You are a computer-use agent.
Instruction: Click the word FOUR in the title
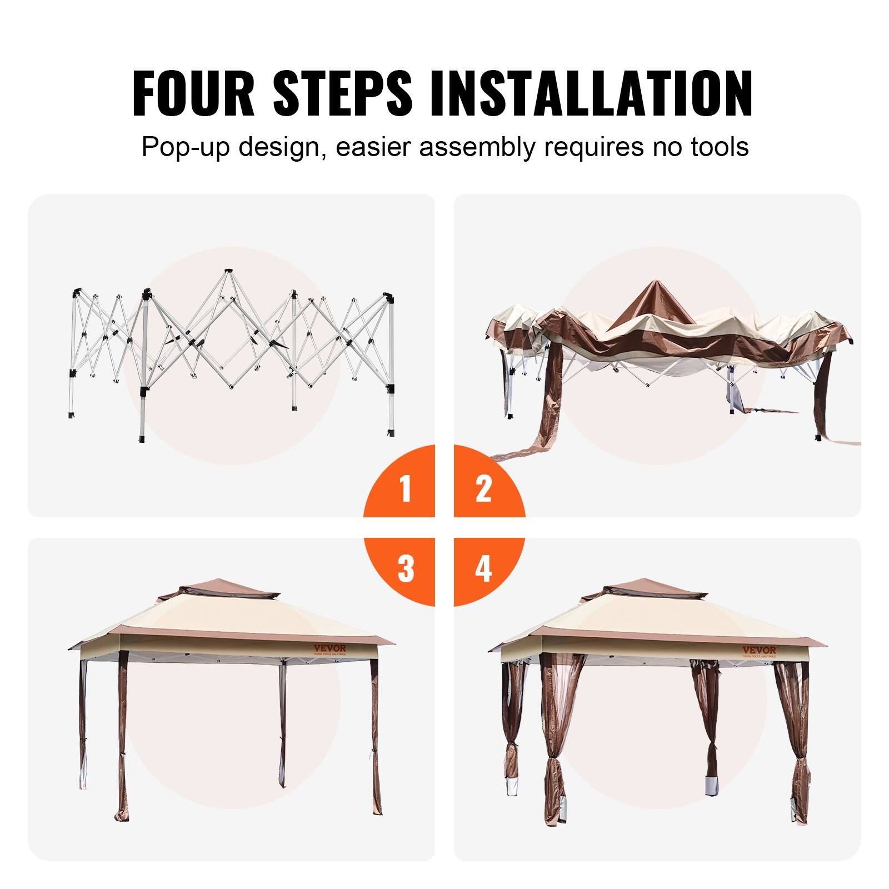pyautogui.click(x=192, y=93)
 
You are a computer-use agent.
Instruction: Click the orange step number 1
pyautogui.click(x=406, y=488)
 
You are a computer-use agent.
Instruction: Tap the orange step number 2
pyautogui.click(x=483, y=488)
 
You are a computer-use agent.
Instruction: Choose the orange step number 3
pyautogui.click(x=406, y=568)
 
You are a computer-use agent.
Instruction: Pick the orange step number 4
pyautogui.click(x=483, y=568)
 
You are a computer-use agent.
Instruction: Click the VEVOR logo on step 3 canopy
pyautogui.click(x=329, y=648)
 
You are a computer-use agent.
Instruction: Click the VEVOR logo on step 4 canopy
pyautogui.click(x=760, y=650)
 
